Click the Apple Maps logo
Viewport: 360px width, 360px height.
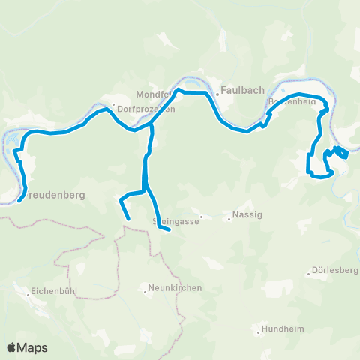click(x=28, y=348)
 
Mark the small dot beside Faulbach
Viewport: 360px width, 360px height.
click(x=217, y=94)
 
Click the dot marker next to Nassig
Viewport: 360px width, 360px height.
click(x=229, y=219)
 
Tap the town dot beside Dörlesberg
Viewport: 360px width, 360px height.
click(x=310, y=272)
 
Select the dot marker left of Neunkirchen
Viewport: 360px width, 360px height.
click(x=145, y=289)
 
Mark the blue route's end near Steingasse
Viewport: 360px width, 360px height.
click(x=170, y=231)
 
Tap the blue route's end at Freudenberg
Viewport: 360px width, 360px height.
click(x=19, y=200)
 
